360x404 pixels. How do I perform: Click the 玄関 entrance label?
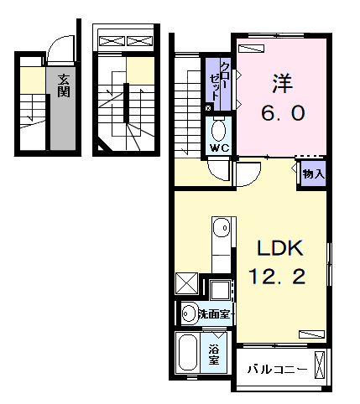(64, 87)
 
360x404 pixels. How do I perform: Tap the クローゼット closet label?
(225, 81)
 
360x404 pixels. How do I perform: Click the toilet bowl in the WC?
(219, 130)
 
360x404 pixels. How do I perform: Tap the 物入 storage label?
(312, 174)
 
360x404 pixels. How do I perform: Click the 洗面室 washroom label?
(214, 314)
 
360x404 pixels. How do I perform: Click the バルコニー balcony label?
(274, 367)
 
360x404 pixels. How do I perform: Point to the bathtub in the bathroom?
(187, 355)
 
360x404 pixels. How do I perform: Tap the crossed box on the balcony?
(319, 365)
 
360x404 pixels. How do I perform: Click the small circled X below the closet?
(208, 107)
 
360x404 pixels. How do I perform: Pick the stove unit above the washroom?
(222, 290)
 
